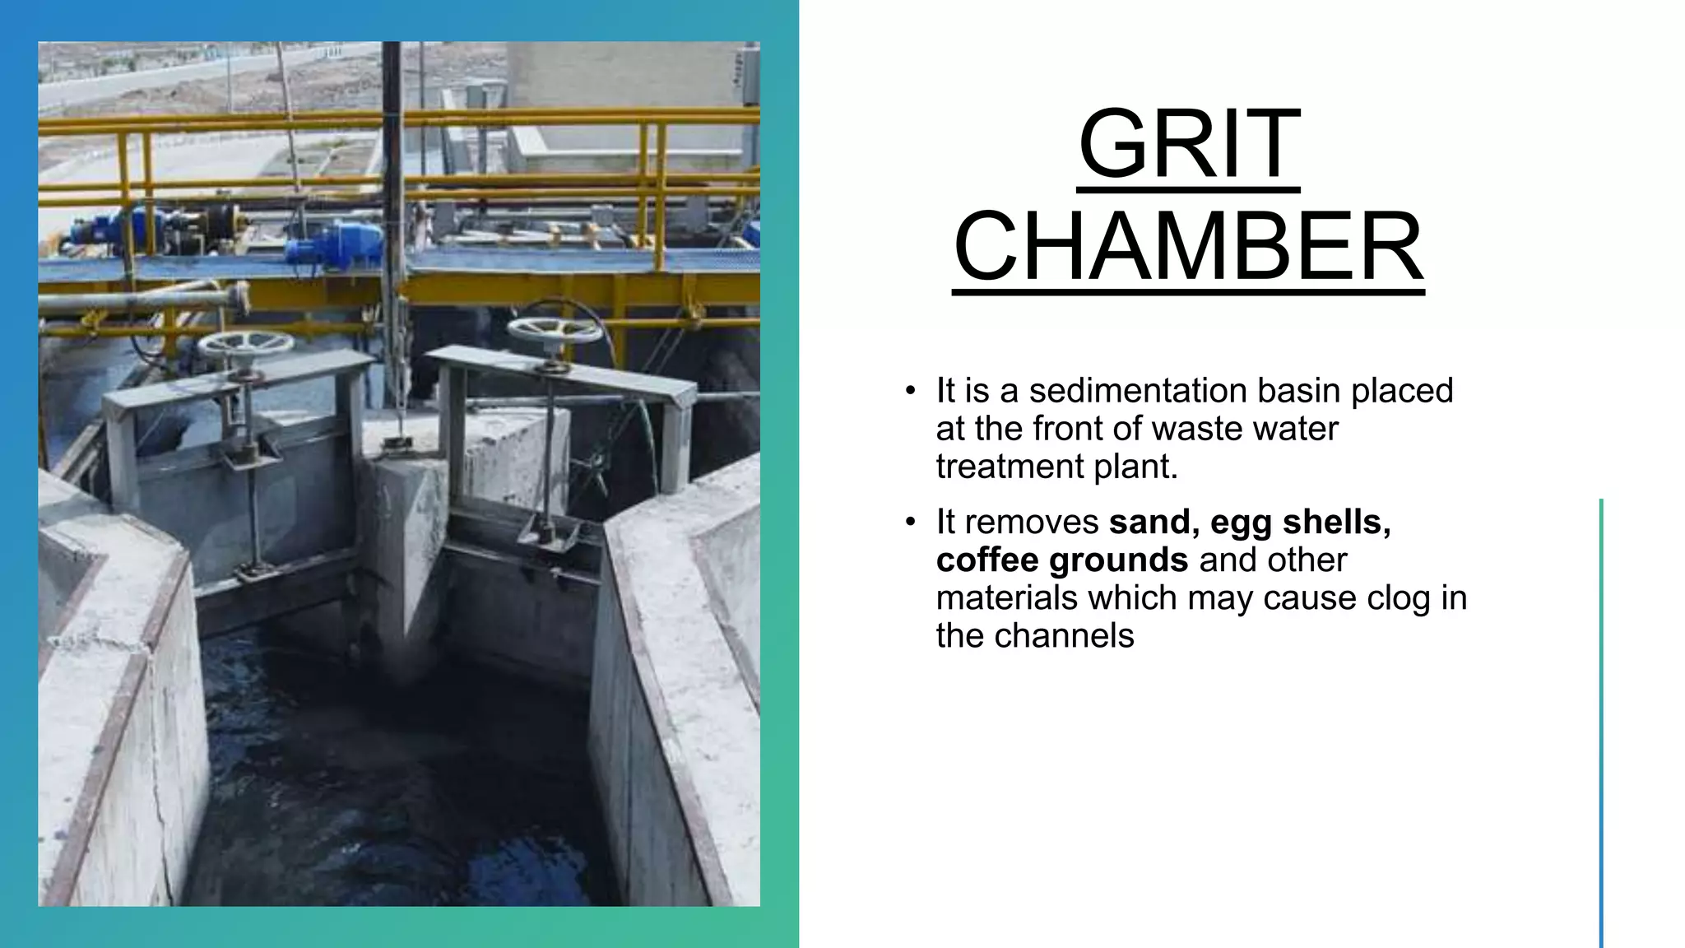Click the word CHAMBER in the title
point(1189,246)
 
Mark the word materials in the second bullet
point(1006,597)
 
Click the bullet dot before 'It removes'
point(910,523)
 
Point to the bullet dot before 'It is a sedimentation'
point(910,391)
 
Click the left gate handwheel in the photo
point(245,342)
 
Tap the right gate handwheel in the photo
point(555,330)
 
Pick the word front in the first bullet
point(1067,429)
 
